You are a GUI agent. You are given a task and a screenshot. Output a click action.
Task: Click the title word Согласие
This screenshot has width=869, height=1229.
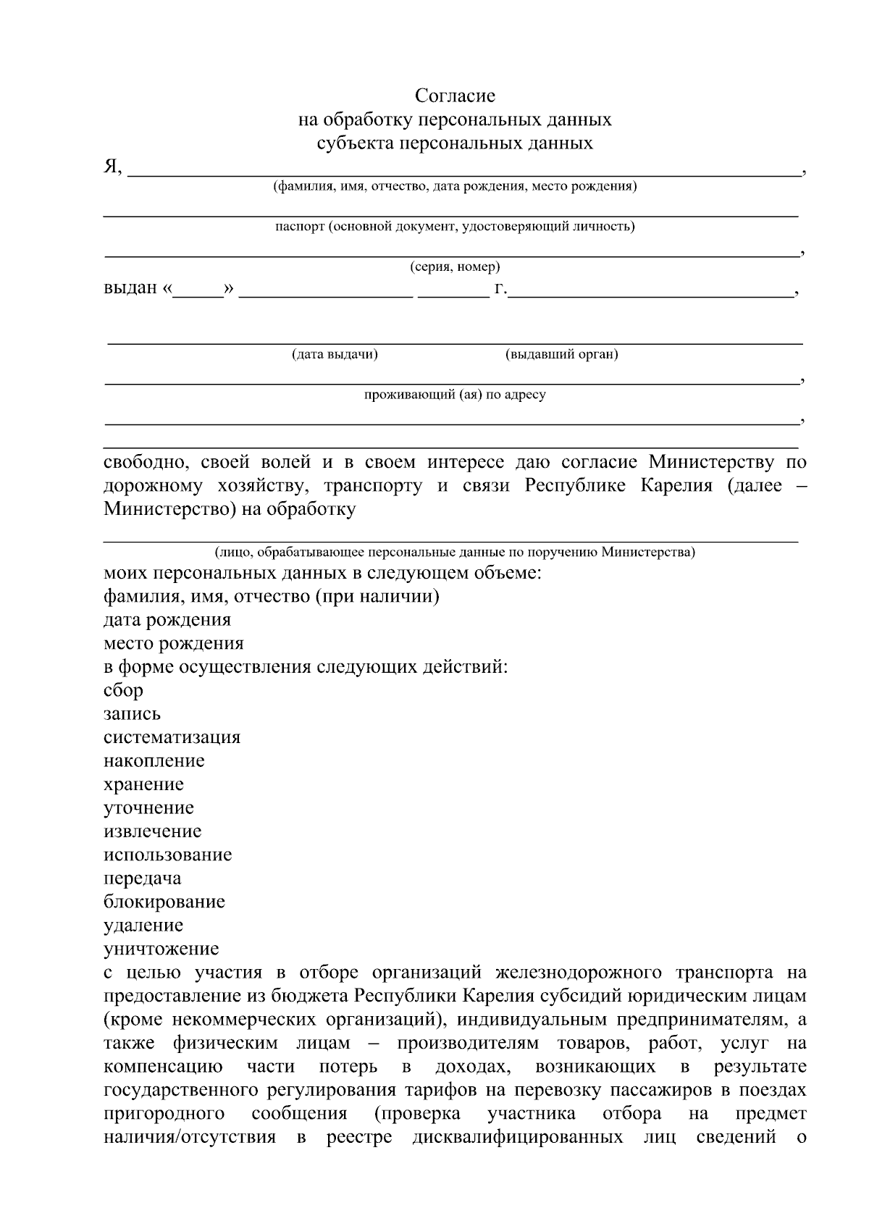coord(455,96)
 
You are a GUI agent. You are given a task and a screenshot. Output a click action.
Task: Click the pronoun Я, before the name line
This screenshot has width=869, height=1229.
coord(113,167)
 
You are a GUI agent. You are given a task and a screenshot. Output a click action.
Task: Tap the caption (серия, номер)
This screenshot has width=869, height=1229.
coord(455,267)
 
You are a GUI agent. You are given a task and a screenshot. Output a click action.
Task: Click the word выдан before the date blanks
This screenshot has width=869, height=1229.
coord(130,288)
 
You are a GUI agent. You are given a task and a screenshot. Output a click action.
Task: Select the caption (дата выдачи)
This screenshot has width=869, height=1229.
coord(335,354)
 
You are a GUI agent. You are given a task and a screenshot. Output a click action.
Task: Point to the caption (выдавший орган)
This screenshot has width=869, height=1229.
coord(561,354)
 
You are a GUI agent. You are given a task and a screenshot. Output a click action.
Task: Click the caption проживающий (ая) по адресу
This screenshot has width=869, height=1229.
coord(455,395)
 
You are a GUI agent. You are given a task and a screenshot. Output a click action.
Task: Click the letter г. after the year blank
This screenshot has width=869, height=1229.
coord(500,288)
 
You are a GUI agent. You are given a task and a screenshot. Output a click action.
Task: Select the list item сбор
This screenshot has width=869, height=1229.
coord(123,690)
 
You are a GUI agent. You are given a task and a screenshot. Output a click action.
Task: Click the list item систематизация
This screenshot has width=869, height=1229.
coord(172,737)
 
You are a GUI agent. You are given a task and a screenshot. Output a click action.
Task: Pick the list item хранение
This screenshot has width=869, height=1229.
coord(143,784)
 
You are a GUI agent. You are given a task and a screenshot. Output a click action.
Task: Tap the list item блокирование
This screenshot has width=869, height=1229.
coord(164,902)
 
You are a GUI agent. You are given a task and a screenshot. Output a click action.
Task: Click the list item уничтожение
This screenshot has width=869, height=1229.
coord(161,949)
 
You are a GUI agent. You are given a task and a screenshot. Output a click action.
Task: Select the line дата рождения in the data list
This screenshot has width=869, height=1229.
coord(167,620)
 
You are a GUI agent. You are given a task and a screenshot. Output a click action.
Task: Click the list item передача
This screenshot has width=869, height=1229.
coord(142,878)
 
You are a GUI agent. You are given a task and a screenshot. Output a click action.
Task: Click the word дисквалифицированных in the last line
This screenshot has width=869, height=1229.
coord(517,1137)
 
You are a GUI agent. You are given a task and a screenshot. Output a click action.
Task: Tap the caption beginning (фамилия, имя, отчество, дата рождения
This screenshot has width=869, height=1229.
coord(455,187)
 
